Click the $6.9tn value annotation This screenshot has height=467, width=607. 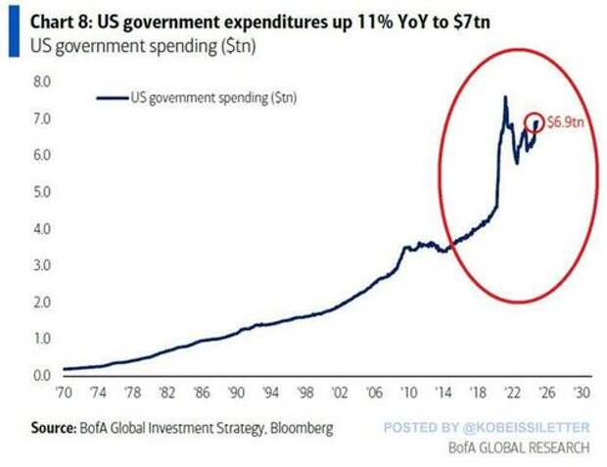[566, 122]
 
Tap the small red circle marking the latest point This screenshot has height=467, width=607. [536, 122]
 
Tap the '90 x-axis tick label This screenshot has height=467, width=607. [236, 393]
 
